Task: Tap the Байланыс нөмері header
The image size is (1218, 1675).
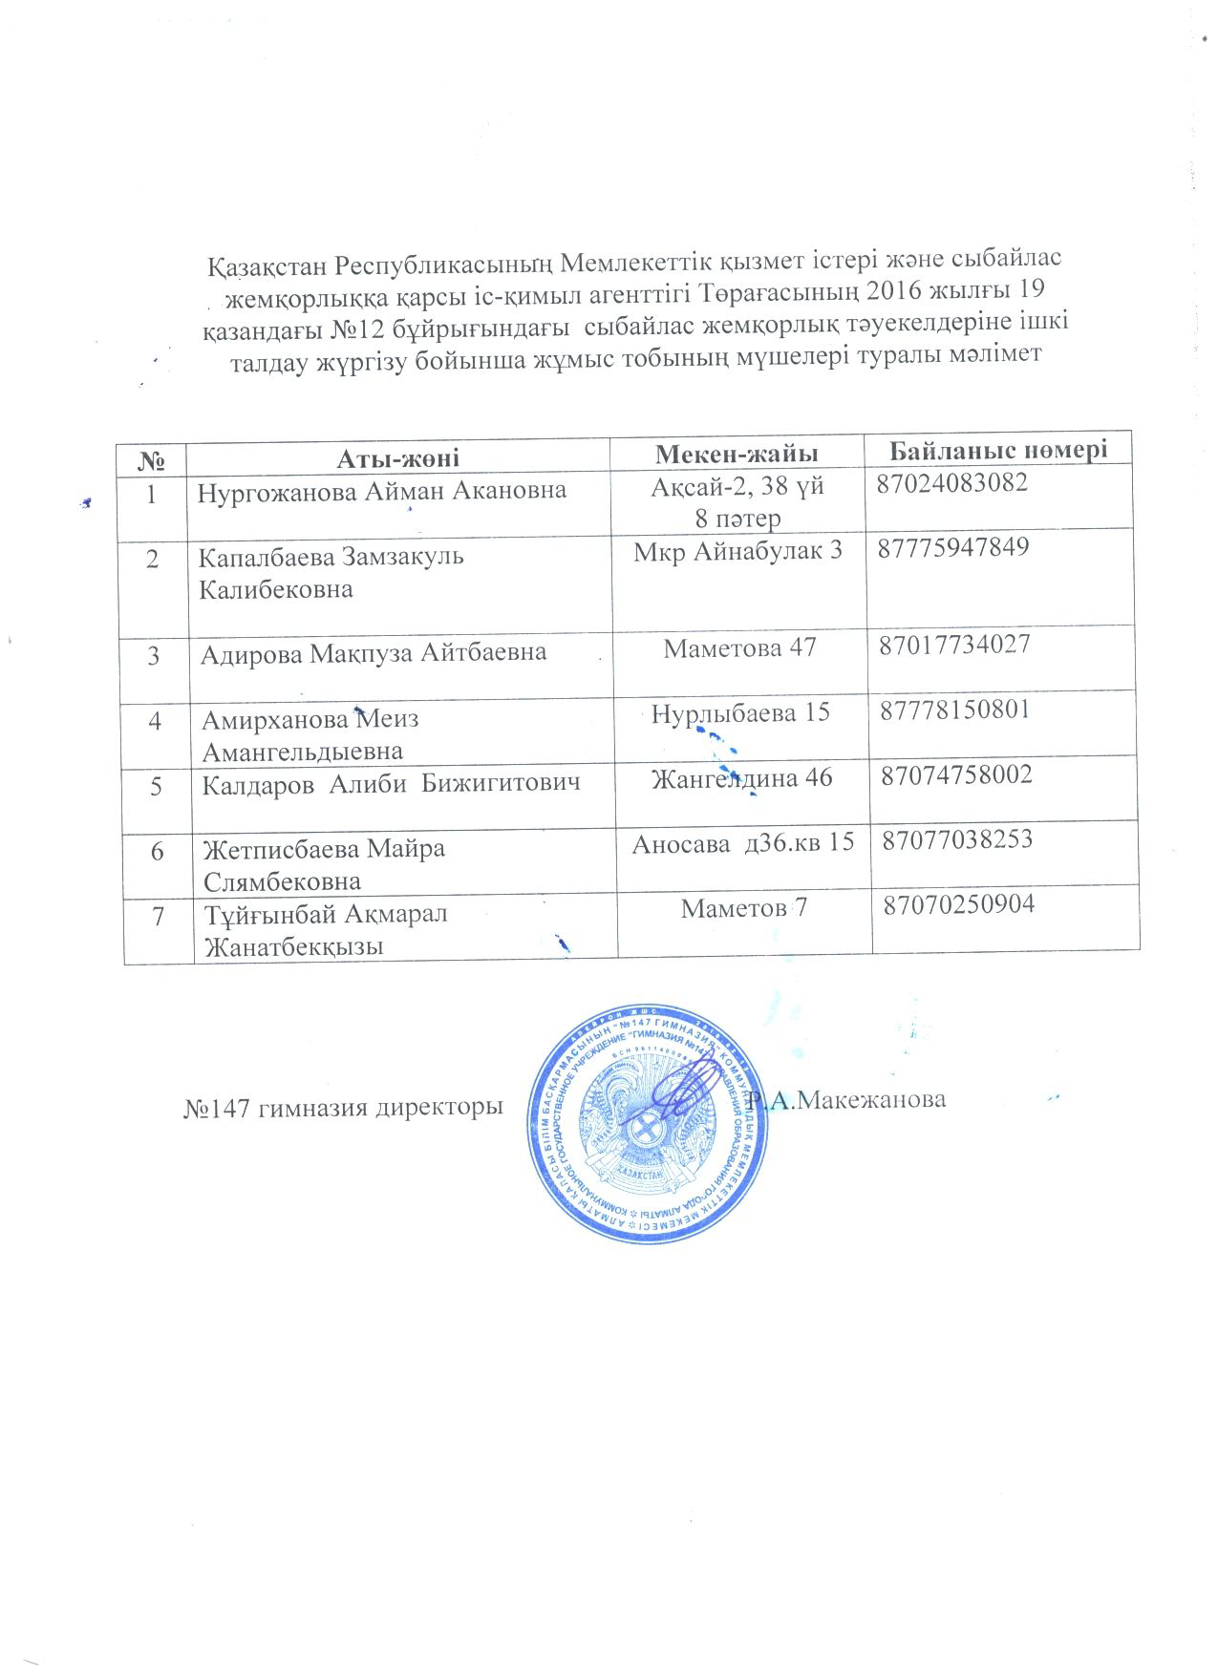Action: [x=998, y=448]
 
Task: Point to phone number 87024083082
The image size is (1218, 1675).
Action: [x=952, y=482]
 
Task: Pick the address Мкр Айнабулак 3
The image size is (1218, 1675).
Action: [x=738, y=552]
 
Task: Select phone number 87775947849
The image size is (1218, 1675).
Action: [x=953, y=547]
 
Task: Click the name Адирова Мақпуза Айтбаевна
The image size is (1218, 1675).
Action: [x=374, y=652]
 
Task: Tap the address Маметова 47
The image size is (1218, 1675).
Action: [x=739, y=647]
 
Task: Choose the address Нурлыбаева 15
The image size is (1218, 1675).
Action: [x=739, y=711]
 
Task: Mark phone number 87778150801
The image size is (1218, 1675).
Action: [x=955, y=709]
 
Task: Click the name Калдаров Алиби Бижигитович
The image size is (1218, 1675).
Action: [x=392, y=783]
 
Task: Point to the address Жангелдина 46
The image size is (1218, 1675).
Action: [x=741, y=777]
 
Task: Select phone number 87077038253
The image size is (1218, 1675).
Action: [x=958, y=839]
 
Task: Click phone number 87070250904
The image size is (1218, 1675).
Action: [x=959, y=903]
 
